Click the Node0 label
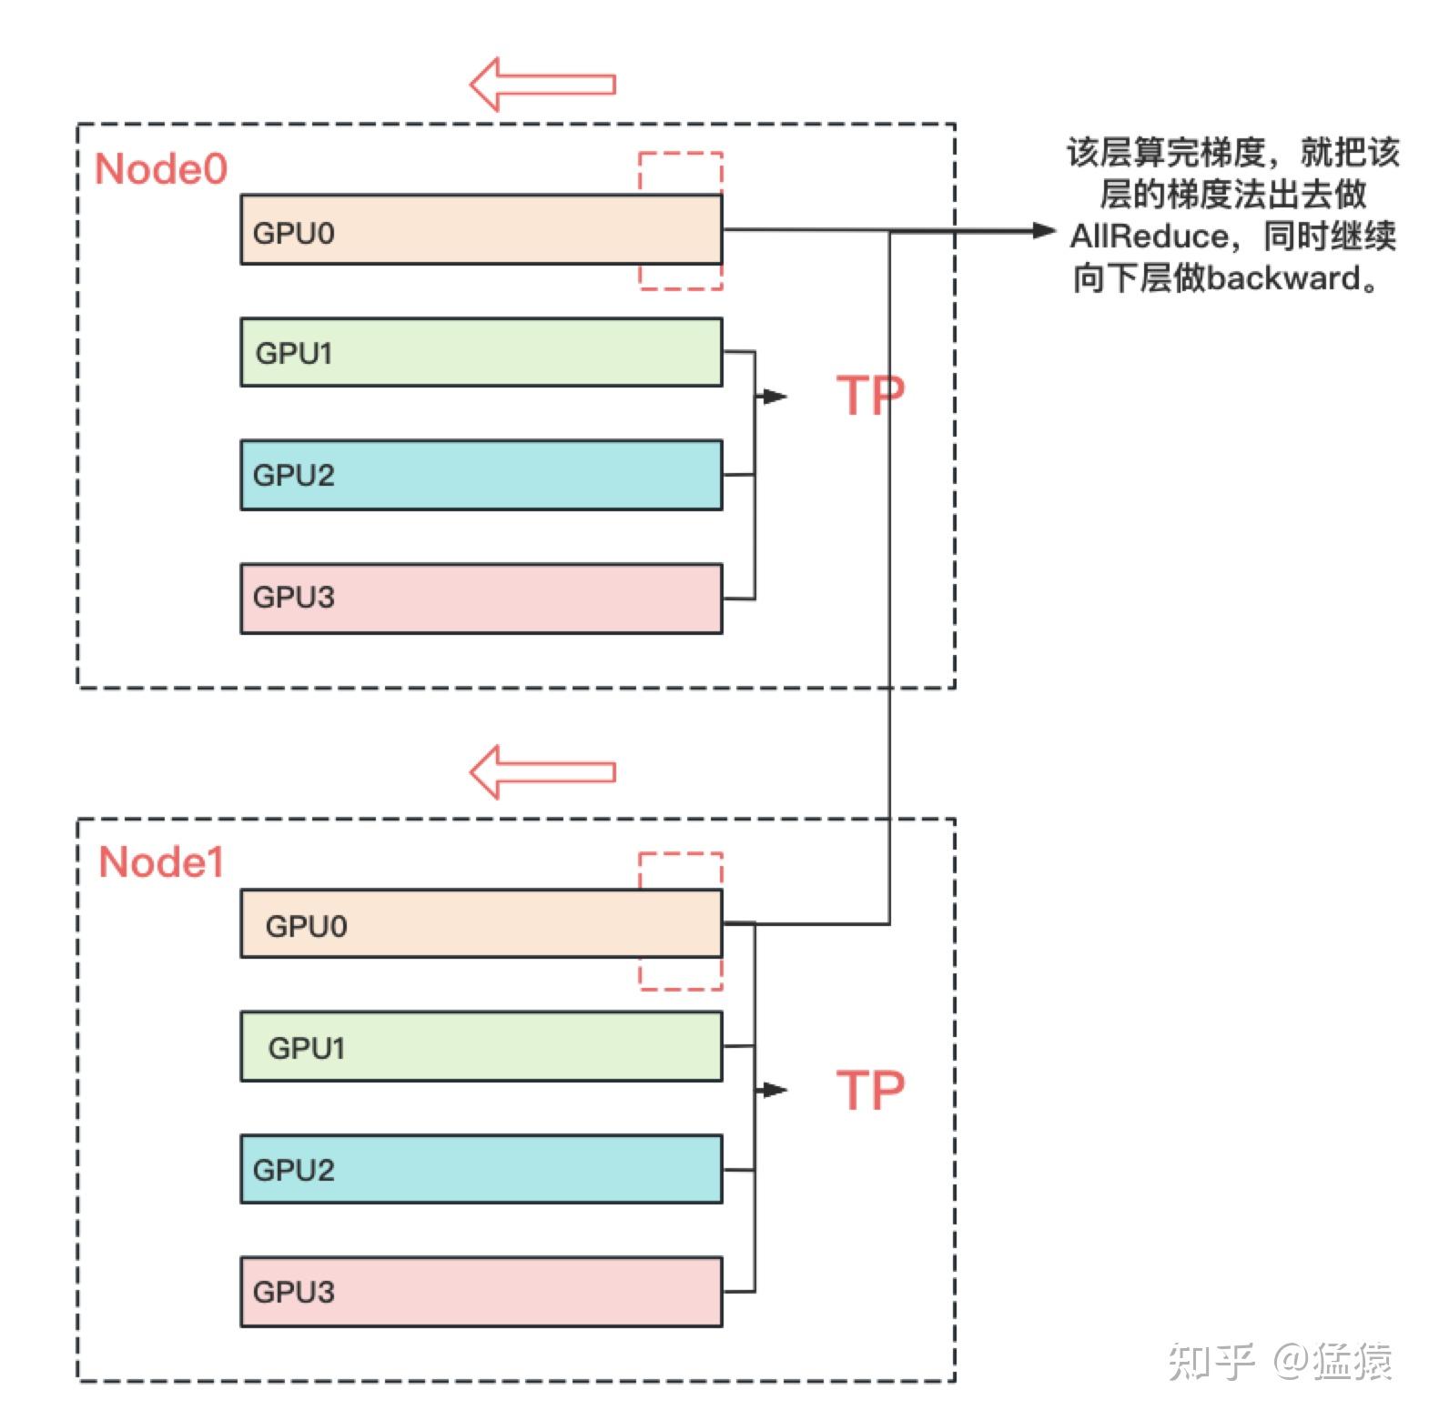tap(160, 169)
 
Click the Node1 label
tap(160, 862)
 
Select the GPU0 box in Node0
tap(481, 230)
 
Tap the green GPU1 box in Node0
tap(481, 352)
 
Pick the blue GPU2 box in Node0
tap(481, 475)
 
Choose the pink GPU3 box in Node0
tap(481, 599)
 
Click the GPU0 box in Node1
tap(481, 924)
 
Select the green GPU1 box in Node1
tap(481, 1046)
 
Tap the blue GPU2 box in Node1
tap(481, 1169)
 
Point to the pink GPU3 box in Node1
tap(481, 1292)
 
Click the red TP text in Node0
tap(869, 396)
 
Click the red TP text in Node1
tap(869, 1090)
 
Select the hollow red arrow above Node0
tap(542, 85)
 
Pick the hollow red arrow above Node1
tap(542, 772)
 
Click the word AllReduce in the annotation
tap(1149, 237)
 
